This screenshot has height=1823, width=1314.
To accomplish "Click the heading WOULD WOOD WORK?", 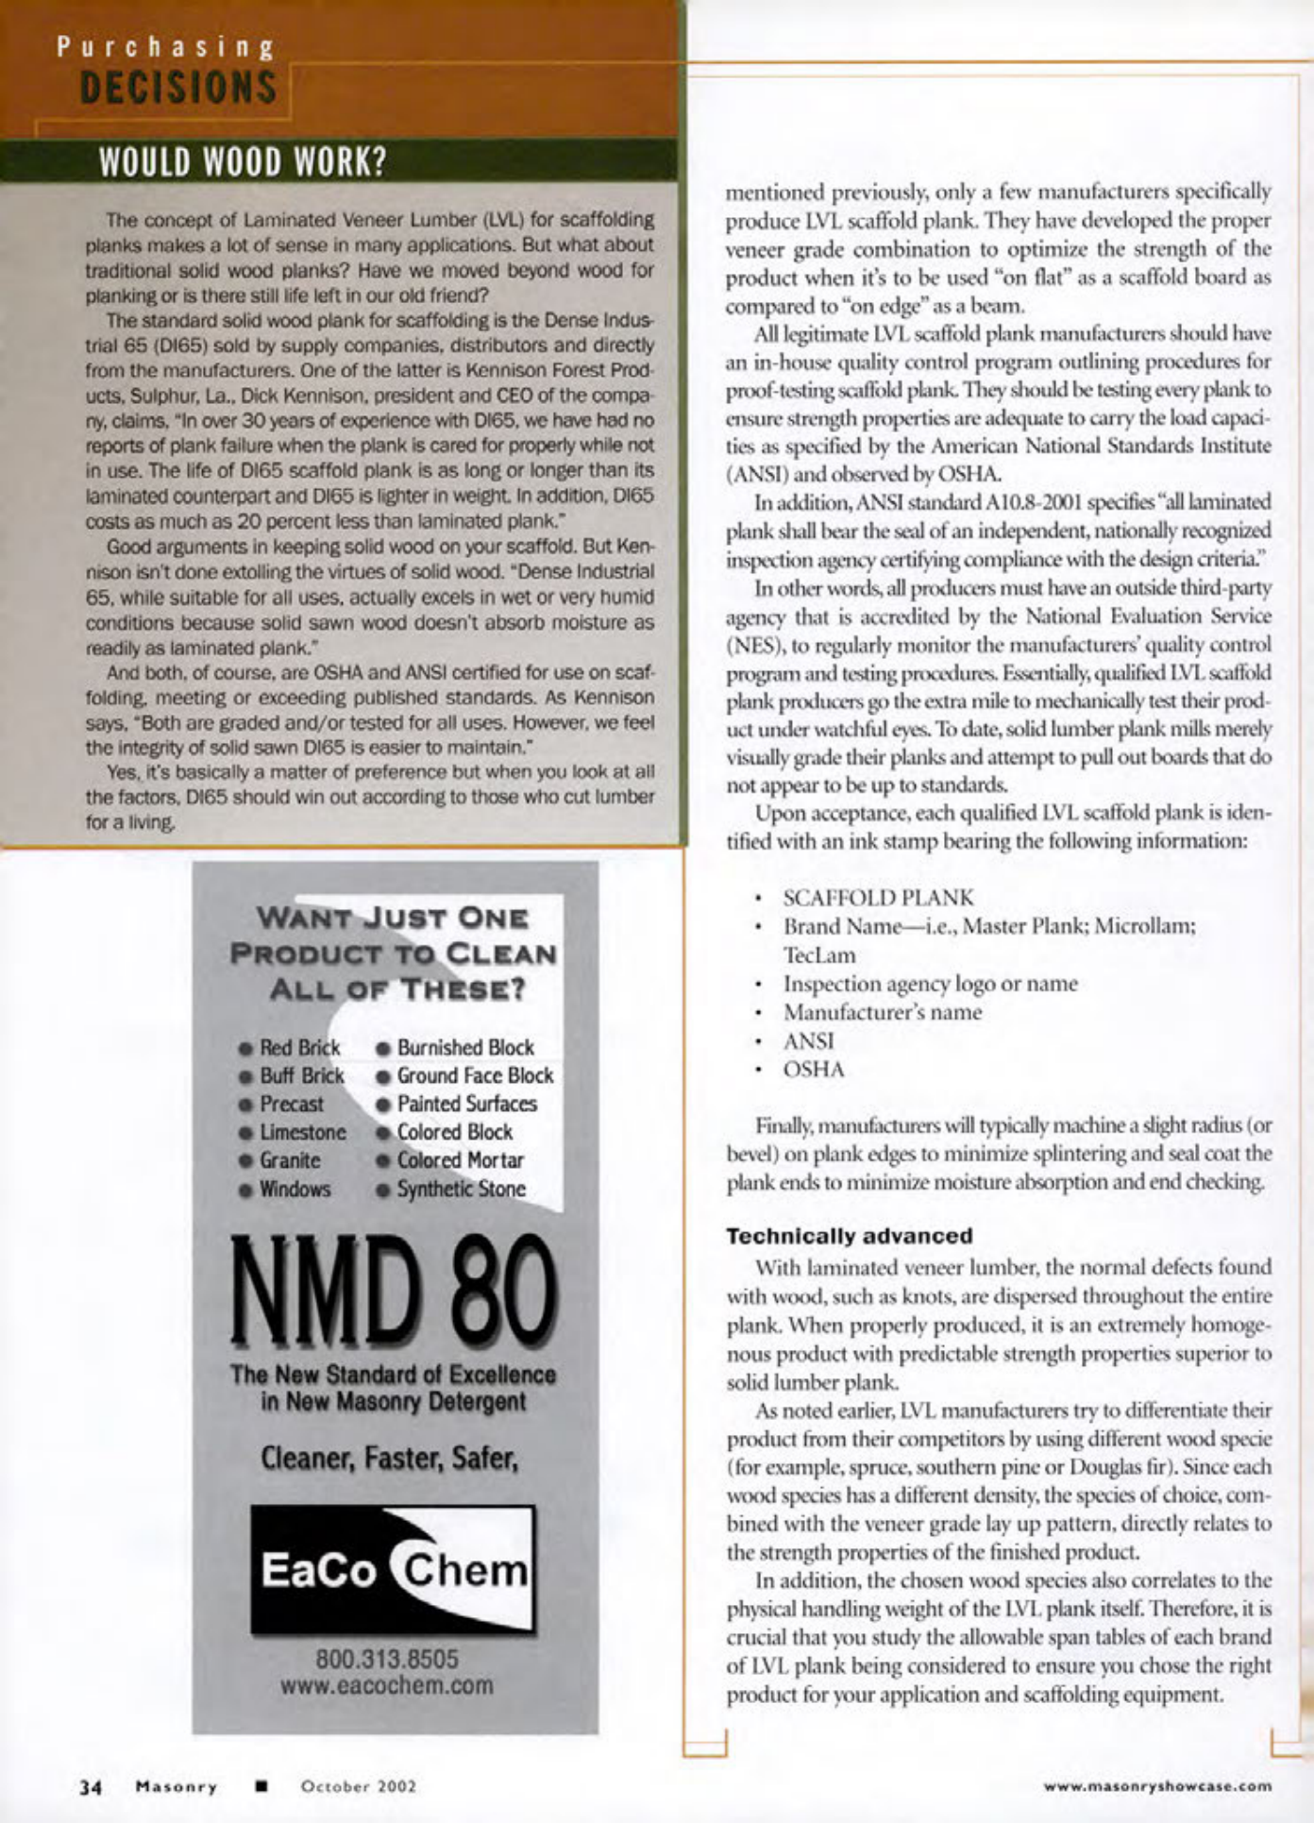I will [243, 162].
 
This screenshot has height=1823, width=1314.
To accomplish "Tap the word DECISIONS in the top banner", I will [178, 89].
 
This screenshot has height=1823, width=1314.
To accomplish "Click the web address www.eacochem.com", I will [387, 1686].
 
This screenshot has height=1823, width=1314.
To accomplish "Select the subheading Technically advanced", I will [849, 1236].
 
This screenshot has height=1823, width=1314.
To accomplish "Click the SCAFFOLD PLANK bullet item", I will [878, 898].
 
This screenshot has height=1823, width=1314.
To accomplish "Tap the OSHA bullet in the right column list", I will [814, 1070].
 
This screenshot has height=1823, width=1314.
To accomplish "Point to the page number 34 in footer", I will [91, 1786].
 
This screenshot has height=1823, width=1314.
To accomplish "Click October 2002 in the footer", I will [358, 1786].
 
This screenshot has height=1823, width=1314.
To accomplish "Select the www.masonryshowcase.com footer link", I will [1157, 1786].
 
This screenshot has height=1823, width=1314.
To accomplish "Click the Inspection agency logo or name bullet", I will [930, 984].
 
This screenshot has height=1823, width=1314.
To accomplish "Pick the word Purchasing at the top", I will [165, 47].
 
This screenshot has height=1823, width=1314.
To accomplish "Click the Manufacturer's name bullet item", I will [882, 1013].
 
